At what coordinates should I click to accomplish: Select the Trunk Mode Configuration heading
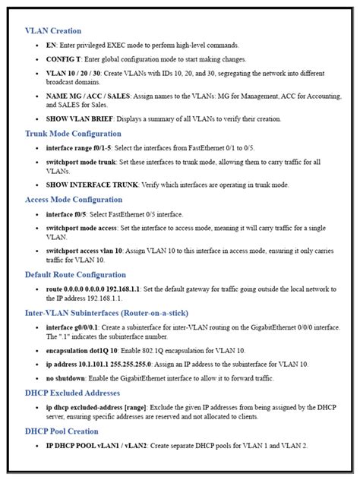73,133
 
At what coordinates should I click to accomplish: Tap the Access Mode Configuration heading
74,200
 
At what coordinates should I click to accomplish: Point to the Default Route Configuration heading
75,274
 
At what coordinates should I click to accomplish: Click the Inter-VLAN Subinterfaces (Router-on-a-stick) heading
106,312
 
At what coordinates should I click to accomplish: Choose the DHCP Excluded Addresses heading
72,393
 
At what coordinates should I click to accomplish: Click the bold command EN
51,46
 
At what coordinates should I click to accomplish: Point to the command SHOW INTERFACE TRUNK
92,185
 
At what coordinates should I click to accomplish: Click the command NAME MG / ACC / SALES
86,97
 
